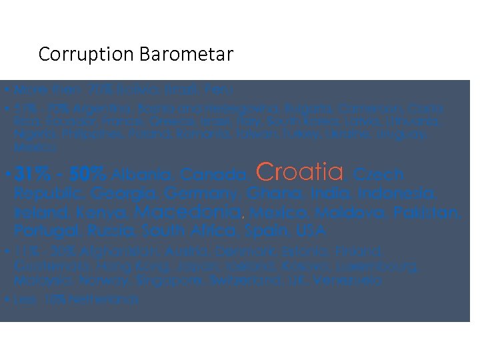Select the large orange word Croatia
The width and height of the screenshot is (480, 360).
299,173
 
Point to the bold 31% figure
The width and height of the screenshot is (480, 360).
32,175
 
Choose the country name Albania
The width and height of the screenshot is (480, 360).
139,175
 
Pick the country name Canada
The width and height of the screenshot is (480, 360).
214,175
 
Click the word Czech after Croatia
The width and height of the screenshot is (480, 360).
378,175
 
